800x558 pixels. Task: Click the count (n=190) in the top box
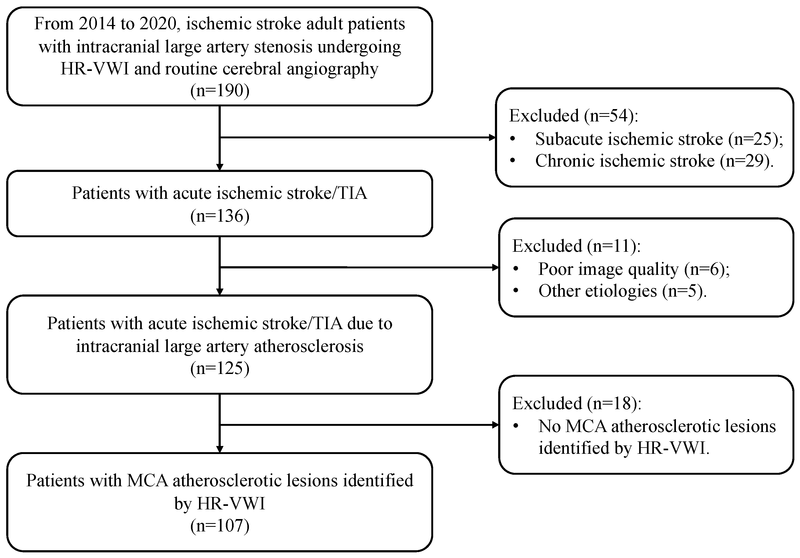click(x=220, y=91)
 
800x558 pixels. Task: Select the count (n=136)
click(x=220, y=216)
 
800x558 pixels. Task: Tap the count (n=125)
click(x=220, y=368)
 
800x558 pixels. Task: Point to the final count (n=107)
click(x=220, y=525)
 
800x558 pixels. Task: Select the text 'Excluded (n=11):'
click(x=576, y=246)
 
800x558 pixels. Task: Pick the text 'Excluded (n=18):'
click(x=577, y=403)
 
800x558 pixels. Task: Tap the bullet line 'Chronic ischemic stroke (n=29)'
click(x=654, y=161)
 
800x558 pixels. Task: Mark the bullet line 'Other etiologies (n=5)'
click(x=622, y=291)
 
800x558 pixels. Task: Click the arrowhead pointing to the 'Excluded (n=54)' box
click(x=492, y=138)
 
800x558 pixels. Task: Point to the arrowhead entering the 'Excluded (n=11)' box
click(x=495, y=268)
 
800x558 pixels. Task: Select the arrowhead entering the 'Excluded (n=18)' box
click(x=495, y=425)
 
